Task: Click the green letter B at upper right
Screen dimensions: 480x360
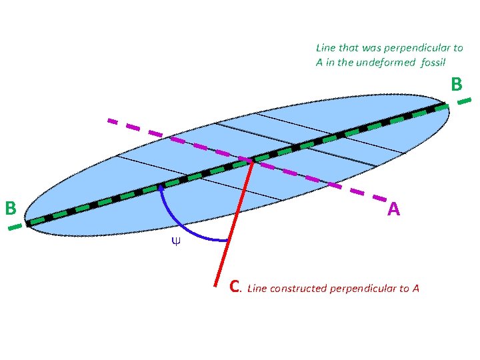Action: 456,84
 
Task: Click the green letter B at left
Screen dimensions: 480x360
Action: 10,208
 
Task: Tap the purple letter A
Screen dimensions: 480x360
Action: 393,210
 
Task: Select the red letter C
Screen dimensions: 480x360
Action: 234,287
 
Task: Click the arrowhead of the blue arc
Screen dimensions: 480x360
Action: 161,189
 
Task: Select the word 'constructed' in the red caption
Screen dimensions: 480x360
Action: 298,289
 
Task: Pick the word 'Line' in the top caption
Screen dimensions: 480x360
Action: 326,48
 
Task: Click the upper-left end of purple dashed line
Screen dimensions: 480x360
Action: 111,121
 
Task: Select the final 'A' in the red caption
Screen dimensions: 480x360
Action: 415,289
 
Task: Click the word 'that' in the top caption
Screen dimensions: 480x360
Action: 348,48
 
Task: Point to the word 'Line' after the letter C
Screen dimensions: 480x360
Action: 257,289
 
